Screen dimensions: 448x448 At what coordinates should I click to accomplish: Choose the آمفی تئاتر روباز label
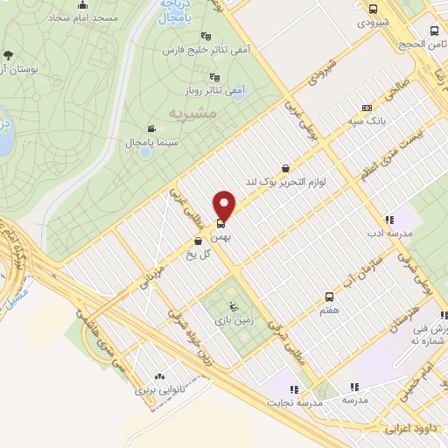pos(209,89)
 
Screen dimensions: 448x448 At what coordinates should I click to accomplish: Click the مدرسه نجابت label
pos(295,402)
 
